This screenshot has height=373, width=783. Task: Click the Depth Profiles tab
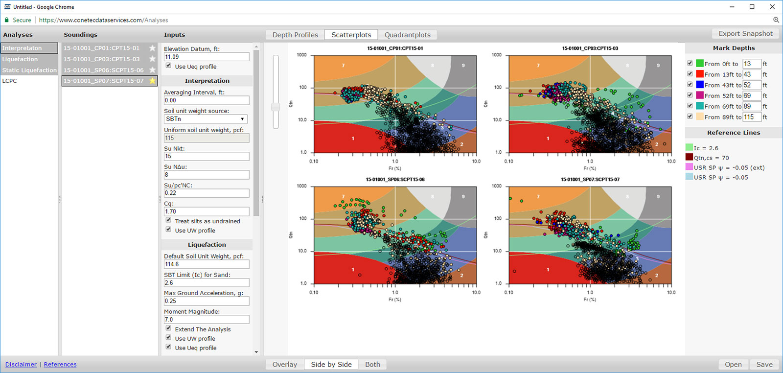pyautogui.click(x=295, y=35)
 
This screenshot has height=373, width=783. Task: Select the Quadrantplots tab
pyautogui.click(x=407, y=35)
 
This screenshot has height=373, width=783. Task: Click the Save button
pyautogui.click(x=764, y=364)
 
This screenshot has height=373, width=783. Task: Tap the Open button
pyautogui.click(x=733, y=364)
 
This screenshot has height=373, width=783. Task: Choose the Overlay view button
pyautogui.click(x=284, y=364)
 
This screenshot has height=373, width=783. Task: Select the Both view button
pyautogui.click(x=372, y=364)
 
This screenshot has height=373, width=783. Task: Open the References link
pyautogui.click(x=60, y=364)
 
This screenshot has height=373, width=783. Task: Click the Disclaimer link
pyautogui.click(x=21, y=364)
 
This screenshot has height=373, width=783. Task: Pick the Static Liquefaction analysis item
pyautogui.click(x=29, y=70)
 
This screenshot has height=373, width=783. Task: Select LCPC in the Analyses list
pyautogui.click(x=10, y=81)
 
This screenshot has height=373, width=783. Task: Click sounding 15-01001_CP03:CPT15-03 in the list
pyautogui.click(x=102, y=59)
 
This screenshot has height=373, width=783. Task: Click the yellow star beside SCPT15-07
pyautogui.click(x=153, y=81)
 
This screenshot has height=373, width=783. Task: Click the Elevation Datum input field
pyautogui.click(x=206, y=57)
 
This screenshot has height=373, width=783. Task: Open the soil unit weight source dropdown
pyautogui.click(x=206, y=119)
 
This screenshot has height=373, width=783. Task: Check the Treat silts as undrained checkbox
pyautogui.click(x=168, y=221)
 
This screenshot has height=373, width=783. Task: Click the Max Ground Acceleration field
pyautogui.click(x=206, y=301)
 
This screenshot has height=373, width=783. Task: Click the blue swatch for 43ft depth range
pyautogui.click(x=700, y=85)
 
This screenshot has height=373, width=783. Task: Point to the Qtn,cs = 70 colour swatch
pyautogui.click(x=689, y=157)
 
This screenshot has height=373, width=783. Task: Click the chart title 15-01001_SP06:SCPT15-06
pyautogui.click(x=395, y=179)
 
